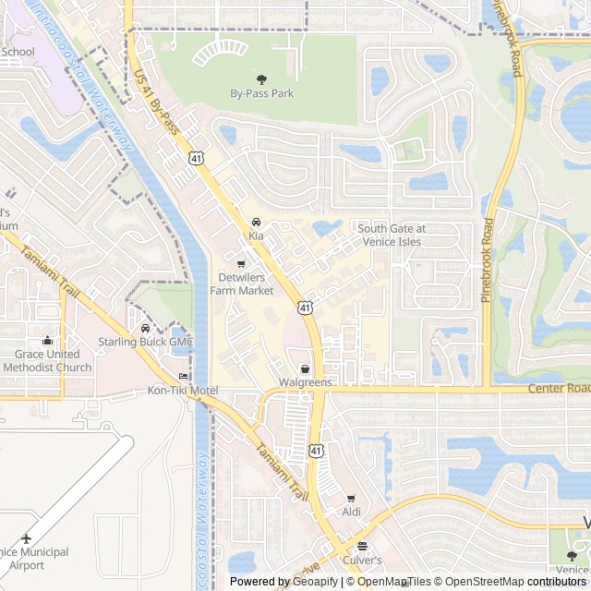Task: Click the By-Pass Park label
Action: click(x=261, y=93)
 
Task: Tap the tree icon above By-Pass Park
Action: click(x=261, y=79)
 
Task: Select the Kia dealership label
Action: click(x=256, y=236)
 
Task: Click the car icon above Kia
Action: click(x=256, y=223)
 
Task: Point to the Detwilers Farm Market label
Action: click(x=242, y=283)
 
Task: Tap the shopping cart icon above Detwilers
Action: click(x=242, y=264)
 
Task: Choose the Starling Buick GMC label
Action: click(x=146, y=342)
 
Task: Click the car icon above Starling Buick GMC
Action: click(x=146, y=328)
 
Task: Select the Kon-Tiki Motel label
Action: click(x=183, y=391)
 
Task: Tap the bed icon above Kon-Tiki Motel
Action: click(x=183, y=377)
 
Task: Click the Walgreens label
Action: click(x=305, y=382)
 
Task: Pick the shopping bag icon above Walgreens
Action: click(x=305, y=368)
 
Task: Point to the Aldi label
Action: click(x=351, y=512)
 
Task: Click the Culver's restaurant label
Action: click(x=362, y=560)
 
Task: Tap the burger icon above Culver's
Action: click(x=362, y=546)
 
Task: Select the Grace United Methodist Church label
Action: click(x=47, y=360)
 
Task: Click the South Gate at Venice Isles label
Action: click(x=392, y=235)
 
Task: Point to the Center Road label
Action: click(x=559, y=388)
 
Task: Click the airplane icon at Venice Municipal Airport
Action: click(x=26, y=538)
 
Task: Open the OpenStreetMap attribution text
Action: click(x=481, y=582)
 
